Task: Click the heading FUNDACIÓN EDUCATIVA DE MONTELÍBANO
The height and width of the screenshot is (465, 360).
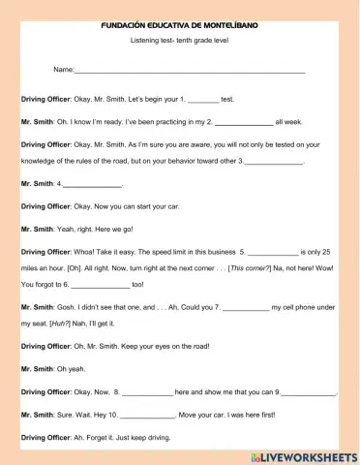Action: pyautogui.click(x=179, y=21)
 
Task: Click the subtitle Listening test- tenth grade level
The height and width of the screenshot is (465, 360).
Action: pyautogui.click(x=179, y=42)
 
